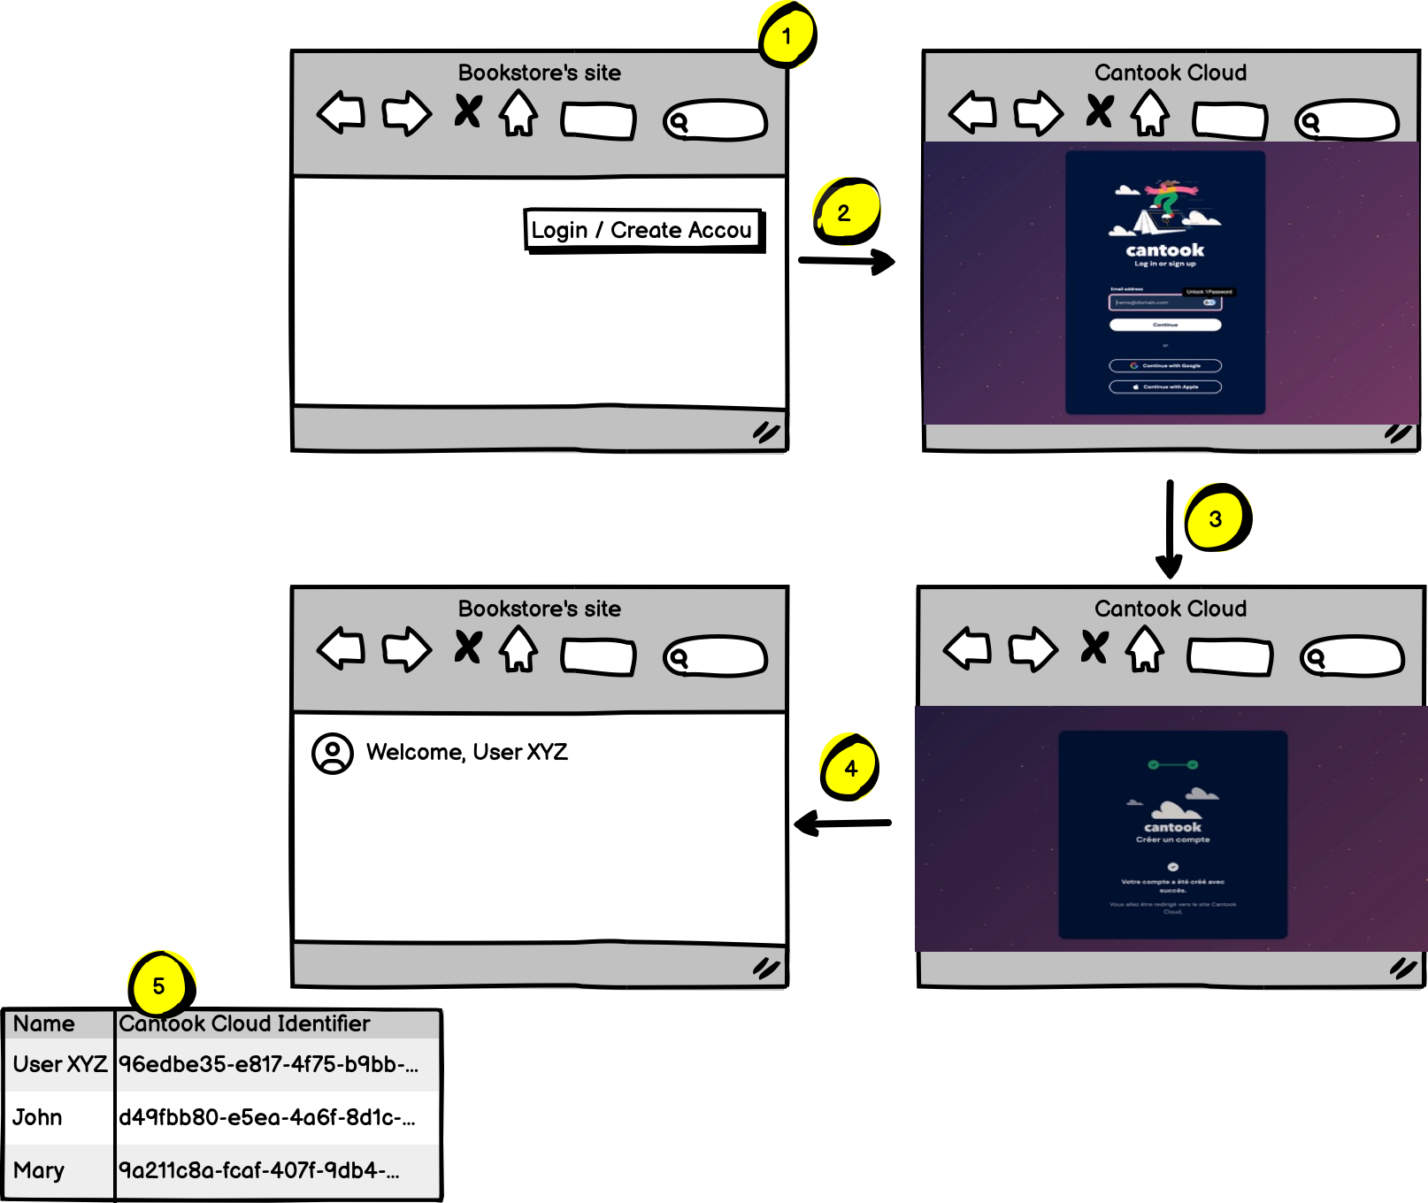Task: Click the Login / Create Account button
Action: [643, 230]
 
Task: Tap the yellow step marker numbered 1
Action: [787, 36]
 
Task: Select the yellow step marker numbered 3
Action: [1217, 518]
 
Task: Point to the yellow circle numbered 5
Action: [159, 985]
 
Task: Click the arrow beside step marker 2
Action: [847, 261]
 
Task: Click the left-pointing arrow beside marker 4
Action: [842, 824]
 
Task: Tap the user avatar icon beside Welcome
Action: [333, 753]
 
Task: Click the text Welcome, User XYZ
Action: [467, 752]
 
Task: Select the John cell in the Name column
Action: [38, 1117]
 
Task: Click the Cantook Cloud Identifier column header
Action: [244, 1023]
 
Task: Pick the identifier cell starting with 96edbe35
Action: [268, 1064]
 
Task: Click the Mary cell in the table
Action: [39, 1170]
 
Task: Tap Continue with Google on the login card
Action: [1165, 365]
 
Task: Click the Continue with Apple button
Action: [1165, 387]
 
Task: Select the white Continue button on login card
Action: [1165, 325]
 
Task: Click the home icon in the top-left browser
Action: [518, 114]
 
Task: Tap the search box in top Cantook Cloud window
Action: [1347, 120]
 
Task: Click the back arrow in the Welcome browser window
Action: [342, 648]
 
